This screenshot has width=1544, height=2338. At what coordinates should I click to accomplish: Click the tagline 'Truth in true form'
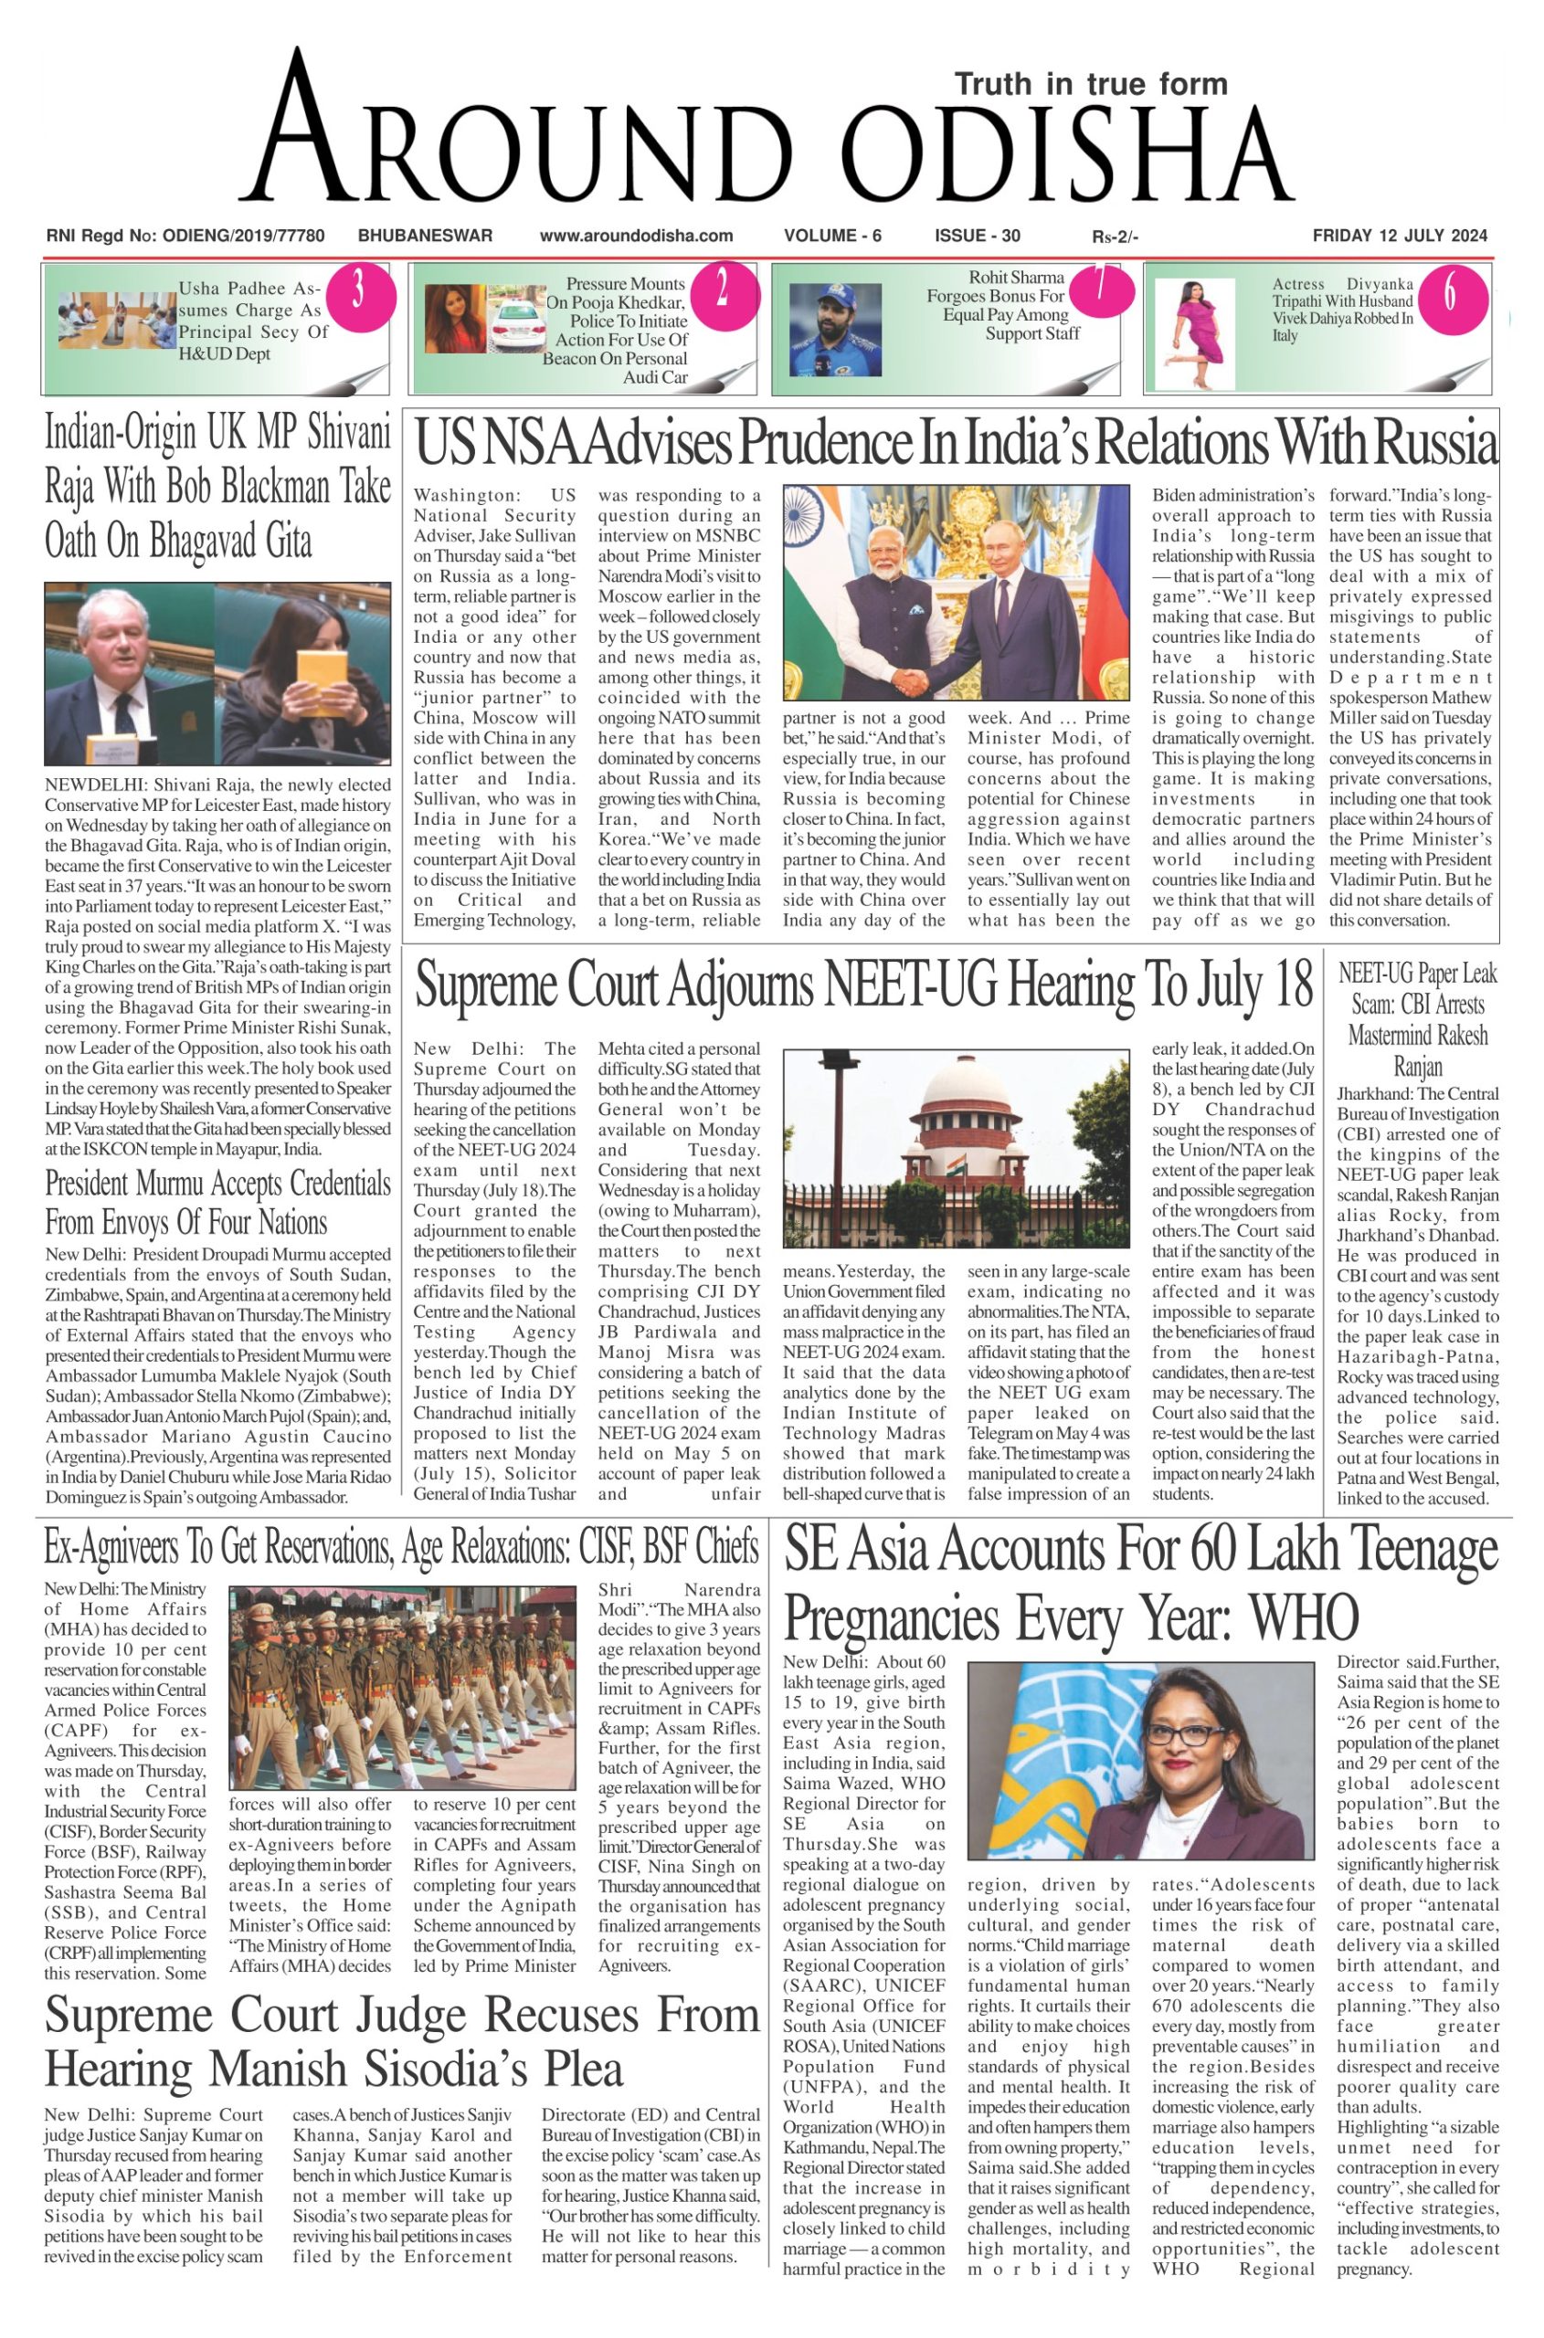coord(1091,84)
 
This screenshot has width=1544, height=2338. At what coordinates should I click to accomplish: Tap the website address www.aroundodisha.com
coord(636,236)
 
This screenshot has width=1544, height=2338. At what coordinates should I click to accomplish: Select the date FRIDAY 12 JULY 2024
coord(1400,236)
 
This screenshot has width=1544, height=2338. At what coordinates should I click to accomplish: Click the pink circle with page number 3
coord(358,293)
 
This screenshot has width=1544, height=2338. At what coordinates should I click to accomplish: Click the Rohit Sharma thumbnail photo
coord(834,330)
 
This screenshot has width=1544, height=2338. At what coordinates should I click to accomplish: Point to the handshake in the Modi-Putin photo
coord(915,679)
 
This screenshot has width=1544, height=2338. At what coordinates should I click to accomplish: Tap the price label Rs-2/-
coord(1115,237)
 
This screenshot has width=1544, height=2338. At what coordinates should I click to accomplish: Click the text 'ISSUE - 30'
coord(977,236)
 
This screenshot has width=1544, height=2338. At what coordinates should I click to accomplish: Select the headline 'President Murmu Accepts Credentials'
coord(217,1183)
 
